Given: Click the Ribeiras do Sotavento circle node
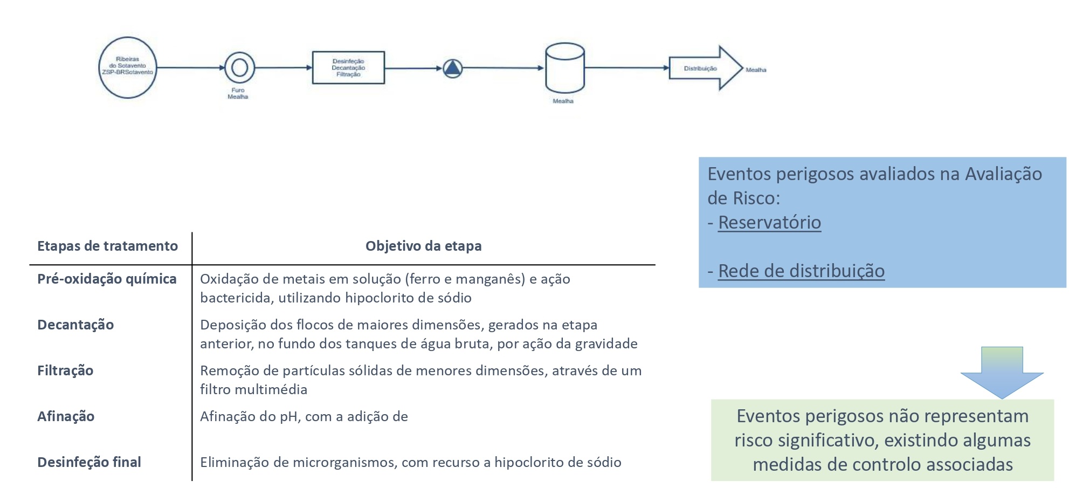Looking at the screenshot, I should click(128, 67).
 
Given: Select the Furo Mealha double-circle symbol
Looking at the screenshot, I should click(239, 68).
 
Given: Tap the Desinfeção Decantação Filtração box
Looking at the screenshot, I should click(348, 68).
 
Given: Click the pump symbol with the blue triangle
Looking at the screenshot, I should click(453, 68).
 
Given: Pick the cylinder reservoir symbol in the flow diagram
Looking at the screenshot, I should click(564, 68).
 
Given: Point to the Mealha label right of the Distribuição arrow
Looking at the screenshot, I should click(756, 70).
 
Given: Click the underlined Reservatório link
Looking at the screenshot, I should click(769, 223).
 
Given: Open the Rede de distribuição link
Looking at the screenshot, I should click(801, 271).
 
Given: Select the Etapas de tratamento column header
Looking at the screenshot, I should click(107, 246).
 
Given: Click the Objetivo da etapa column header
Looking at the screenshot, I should click(423, 246).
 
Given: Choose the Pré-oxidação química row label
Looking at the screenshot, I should click(107, 279).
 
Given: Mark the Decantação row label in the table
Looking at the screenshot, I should click(75, 325).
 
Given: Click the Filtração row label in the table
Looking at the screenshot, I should click(65, 371).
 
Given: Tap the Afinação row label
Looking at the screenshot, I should click(66, 417).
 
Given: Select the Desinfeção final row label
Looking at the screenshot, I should click(89, 463).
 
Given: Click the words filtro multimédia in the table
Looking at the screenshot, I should click(253, 390).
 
